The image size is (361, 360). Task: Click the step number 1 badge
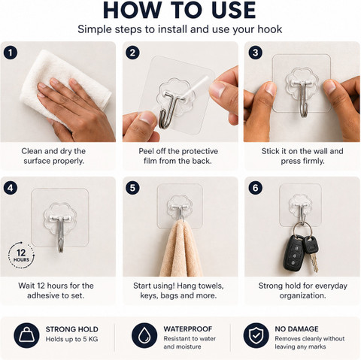(11, 53)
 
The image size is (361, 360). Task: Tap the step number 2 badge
(132, 53)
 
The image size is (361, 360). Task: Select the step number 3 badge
(255, 53)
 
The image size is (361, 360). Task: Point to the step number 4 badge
(11, 188)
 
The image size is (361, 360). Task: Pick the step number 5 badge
(132, 188)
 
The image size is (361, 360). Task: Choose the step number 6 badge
(255, 188)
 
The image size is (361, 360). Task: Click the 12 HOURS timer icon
(21, 256)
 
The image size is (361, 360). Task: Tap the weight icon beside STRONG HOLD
(26, 335)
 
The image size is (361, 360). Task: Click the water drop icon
(144, 335)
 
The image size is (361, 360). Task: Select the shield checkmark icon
(256, 335)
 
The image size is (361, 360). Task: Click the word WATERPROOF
(188, 329)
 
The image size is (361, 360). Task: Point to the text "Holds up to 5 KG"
(71, 339)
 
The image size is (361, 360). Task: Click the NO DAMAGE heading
(296, 329)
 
